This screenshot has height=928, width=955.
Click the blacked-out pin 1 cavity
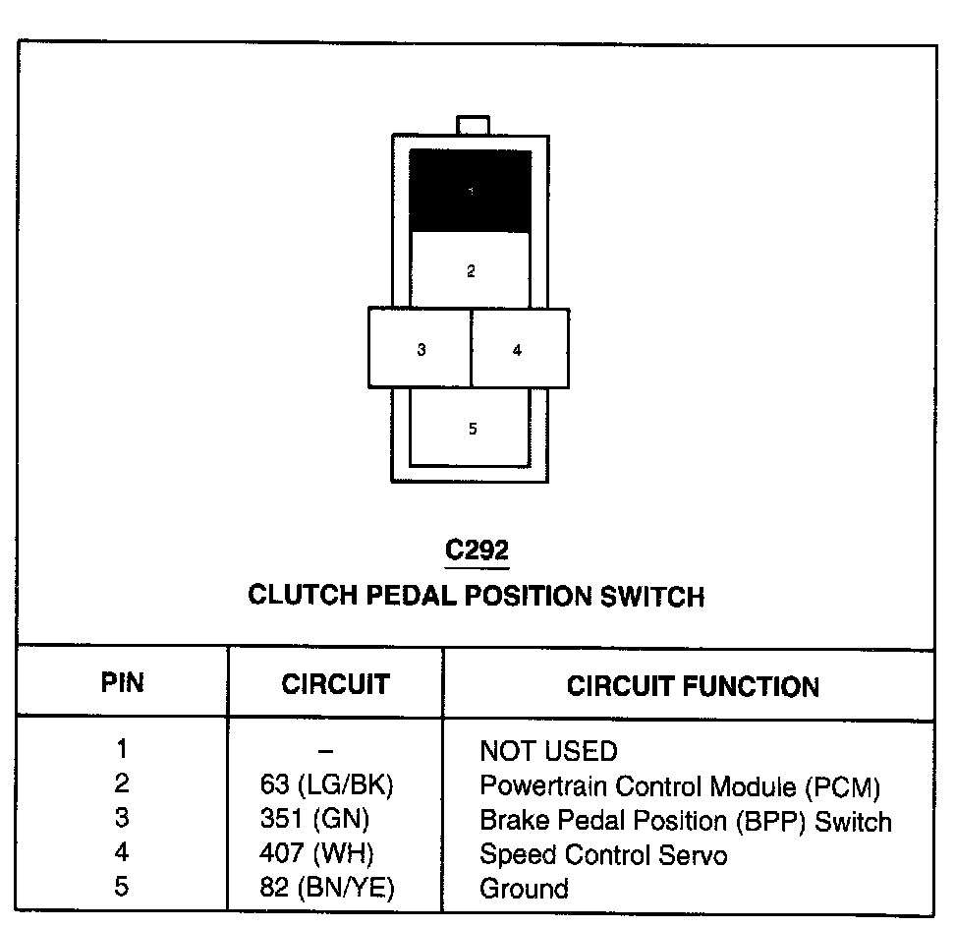click(x=471, y=191)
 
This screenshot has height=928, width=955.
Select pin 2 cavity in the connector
click(x=471, y=270)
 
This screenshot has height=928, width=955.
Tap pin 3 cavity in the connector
click(x=421, y=348)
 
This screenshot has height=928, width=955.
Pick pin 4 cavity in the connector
click(x=519, y=348)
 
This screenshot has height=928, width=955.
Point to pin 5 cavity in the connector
click(x=472, y=428)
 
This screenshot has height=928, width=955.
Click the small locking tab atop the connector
click(x=473, y=125)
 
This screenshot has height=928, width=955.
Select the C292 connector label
click(x=477, y=551)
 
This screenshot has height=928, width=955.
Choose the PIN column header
click(x=123, y=683)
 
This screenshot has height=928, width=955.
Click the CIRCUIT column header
click(x=335, y=684)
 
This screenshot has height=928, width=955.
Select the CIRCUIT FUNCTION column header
click(x=693, y=685)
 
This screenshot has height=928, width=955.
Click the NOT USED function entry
click(x=548, y=752)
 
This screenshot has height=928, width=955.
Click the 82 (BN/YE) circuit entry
click(x=328, y=889)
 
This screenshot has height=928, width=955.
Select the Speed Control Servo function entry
click(x=603, y=855)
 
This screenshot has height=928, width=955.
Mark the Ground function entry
click(x=524, y=890)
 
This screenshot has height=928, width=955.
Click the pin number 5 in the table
click(x=121, y=887)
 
